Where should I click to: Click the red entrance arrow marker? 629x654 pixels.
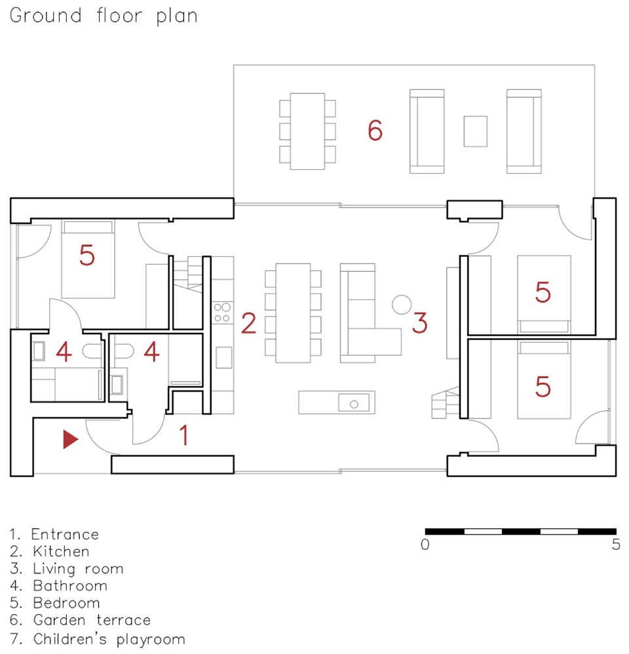(x=70, y=439)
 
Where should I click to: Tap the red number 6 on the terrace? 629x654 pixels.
(x=375, y=130)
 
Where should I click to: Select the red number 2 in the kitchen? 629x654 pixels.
(x=248, y=323)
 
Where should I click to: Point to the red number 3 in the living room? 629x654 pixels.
(x=420, y=323)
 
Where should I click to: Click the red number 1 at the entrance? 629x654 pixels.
(x=184, y=435)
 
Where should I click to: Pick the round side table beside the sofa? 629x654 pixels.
(x=402, y=305)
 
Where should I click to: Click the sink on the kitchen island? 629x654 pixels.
(x=354, y=403)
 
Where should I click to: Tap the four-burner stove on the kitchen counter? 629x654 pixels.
(x=222, y=313)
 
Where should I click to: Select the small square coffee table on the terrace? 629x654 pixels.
(x=476, y=131)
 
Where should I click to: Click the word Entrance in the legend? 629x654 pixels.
(x=65, y=534)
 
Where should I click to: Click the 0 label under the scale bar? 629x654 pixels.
(x=425, y=545)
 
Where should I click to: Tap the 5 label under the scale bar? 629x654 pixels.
(x=616, y=545)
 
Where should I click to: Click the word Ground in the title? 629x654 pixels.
(x=45, y=16)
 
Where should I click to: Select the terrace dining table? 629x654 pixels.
(x=307, y=131)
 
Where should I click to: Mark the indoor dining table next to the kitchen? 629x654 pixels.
(x=293, y=313)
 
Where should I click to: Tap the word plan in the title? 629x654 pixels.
(x=177, y=17)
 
